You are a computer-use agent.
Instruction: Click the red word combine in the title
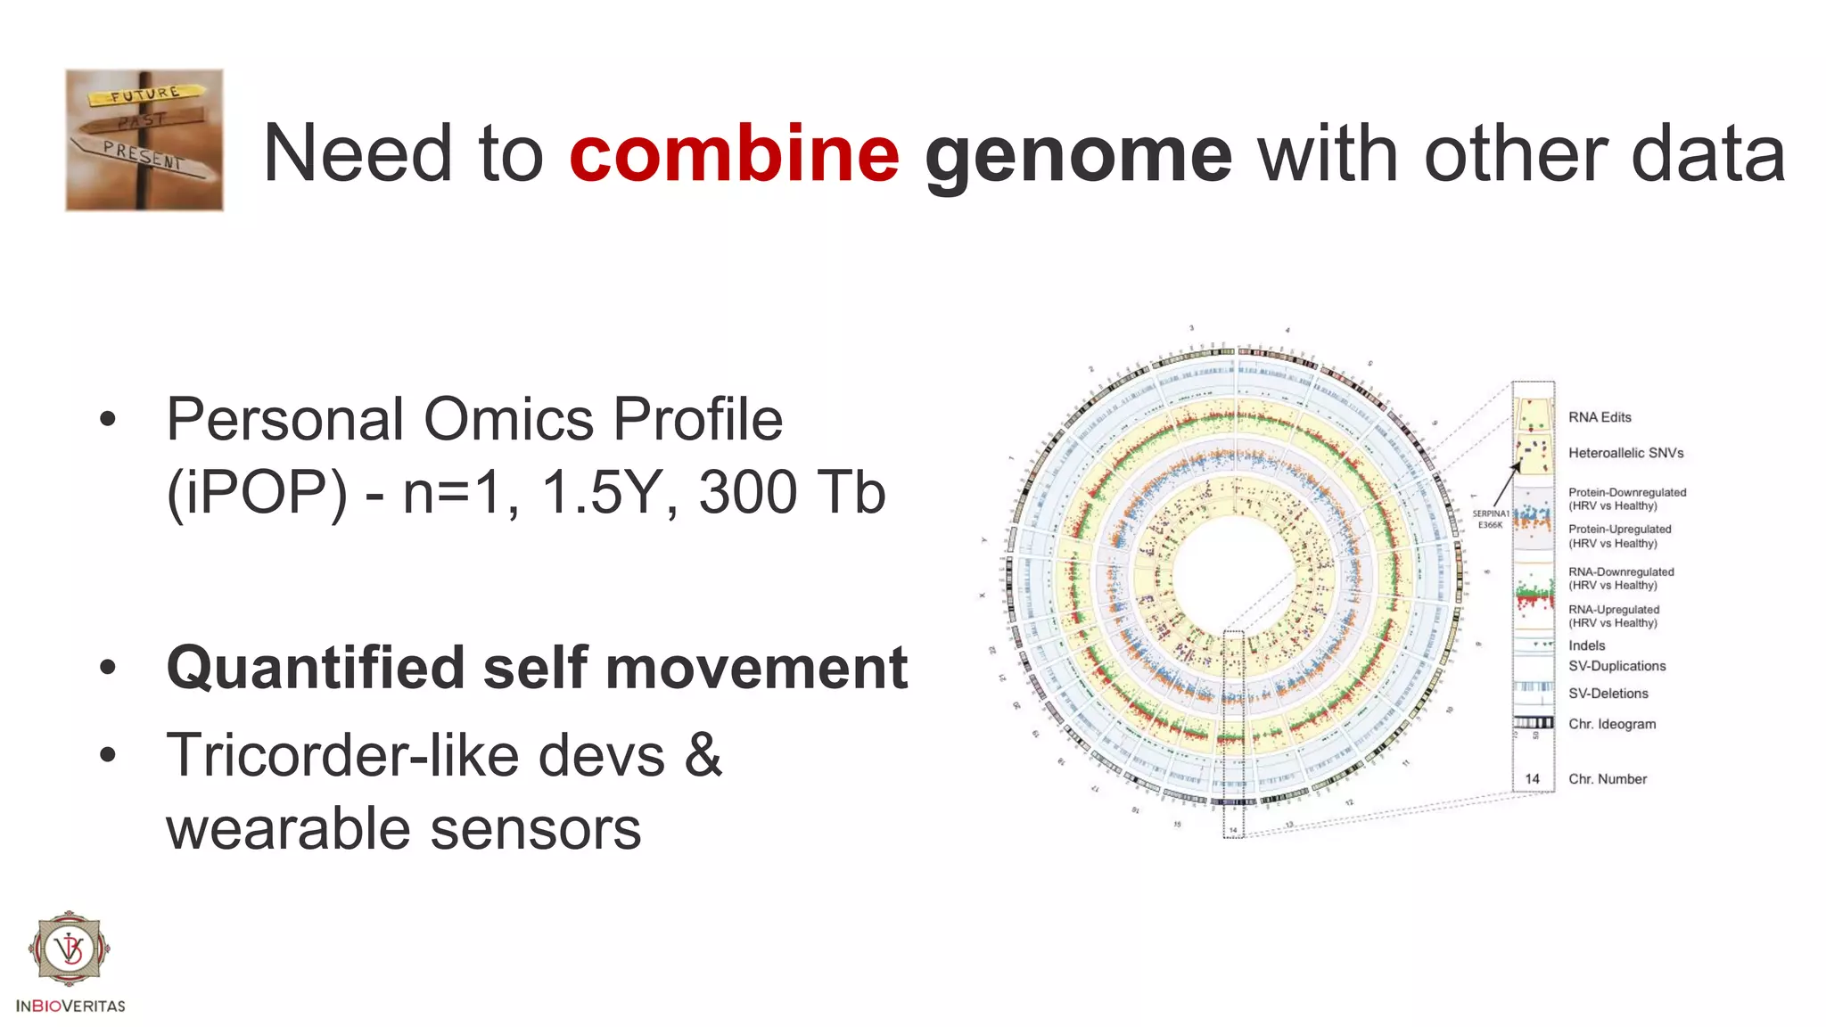[734, 153]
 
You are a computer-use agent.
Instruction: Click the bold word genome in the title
[1078, 155]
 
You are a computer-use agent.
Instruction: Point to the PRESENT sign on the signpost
[143, 156]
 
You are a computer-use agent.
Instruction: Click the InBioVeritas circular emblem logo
[70, 948]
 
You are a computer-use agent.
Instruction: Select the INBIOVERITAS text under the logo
[70, 1006]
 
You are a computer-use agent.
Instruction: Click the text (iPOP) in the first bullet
[257, 492]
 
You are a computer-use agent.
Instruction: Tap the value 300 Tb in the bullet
[791, 492]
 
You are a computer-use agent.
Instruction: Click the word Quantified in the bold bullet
[316, 668]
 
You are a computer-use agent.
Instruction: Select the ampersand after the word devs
[703, 754]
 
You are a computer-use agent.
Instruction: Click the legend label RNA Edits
[1600, 417]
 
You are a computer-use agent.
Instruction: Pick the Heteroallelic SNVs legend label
[1625, 453]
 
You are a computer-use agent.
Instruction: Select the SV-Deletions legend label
[1608, 694]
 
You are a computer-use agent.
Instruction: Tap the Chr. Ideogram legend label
[1611, 724]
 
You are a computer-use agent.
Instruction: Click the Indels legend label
[1586, 645]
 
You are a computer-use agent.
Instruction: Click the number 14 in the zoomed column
[1532, 778]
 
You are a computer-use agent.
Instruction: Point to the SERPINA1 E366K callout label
[1490, 519]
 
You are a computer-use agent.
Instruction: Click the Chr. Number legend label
[1607, 779]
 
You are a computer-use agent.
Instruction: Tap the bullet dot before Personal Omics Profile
[108, 419]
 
